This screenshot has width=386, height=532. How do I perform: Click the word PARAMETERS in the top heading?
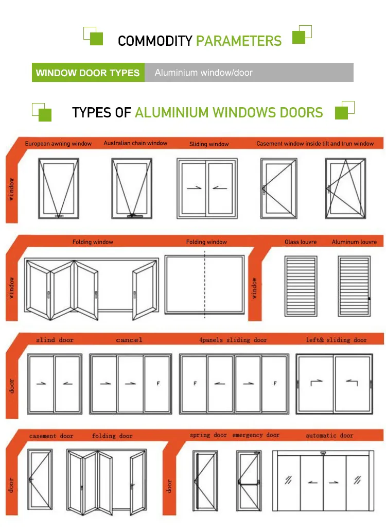tap(239, 41)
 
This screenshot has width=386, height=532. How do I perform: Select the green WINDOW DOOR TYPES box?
tap(88, 73)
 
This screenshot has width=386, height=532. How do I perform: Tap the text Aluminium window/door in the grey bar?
tap(204, 73)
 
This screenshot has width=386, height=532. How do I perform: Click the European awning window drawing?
tap(59, 188)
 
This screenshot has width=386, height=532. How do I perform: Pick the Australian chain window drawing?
tap(132, 188)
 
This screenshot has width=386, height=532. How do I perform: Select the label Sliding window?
tap(209, 144)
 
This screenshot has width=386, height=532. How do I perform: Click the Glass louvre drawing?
tap(301, 285)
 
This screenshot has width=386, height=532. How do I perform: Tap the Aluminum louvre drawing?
tap(354, 285)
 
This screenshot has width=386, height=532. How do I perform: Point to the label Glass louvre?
tap(301, 242)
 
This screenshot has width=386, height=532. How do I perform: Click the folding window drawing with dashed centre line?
tap(205, 285)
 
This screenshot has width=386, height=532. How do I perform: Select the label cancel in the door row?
tap(129, 340)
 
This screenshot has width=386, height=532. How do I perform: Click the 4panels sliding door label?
tap(233, 340)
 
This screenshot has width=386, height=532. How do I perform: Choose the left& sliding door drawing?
tap(334, 383)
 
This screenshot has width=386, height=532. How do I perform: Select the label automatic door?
tap(329, 436)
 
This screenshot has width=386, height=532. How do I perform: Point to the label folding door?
tap(112, 436)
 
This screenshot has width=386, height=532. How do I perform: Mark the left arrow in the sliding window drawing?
tap(220, 188)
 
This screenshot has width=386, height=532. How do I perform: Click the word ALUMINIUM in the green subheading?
tap(172, 112)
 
